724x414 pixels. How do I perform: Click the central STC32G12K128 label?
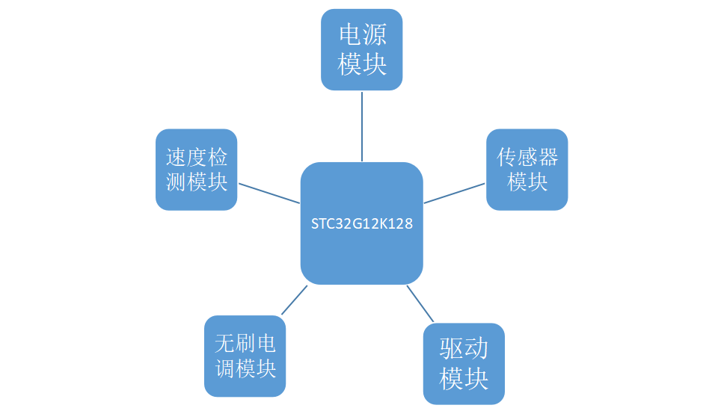(362, 223)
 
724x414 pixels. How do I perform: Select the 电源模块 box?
(362, 49)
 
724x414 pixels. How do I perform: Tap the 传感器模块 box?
(527, 170)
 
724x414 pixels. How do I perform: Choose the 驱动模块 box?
(464, 364)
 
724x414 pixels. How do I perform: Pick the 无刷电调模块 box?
(245, 356)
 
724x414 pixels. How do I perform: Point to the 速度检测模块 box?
(197, 170)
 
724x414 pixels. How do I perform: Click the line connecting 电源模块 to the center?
(362, 126)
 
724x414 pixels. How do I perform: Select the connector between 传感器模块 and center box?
(455, 193)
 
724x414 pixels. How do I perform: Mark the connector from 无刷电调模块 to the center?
(294, 300)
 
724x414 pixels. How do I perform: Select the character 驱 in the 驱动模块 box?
(451, 349)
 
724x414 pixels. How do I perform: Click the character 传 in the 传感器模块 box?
(508, 157)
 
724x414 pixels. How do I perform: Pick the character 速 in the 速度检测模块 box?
(176, 157)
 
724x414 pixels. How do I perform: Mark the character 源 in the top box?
(374, 35)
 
